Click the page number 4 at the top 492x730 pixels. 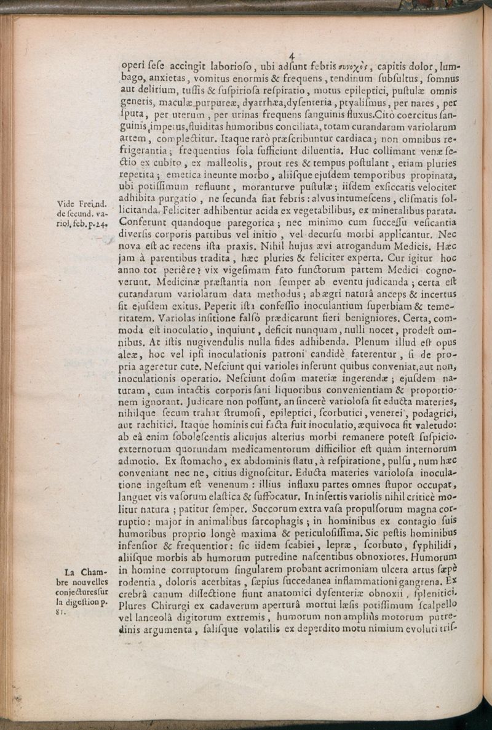click(x=292, y=56)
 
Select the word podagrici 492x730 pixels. click(x=437, y=419)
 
